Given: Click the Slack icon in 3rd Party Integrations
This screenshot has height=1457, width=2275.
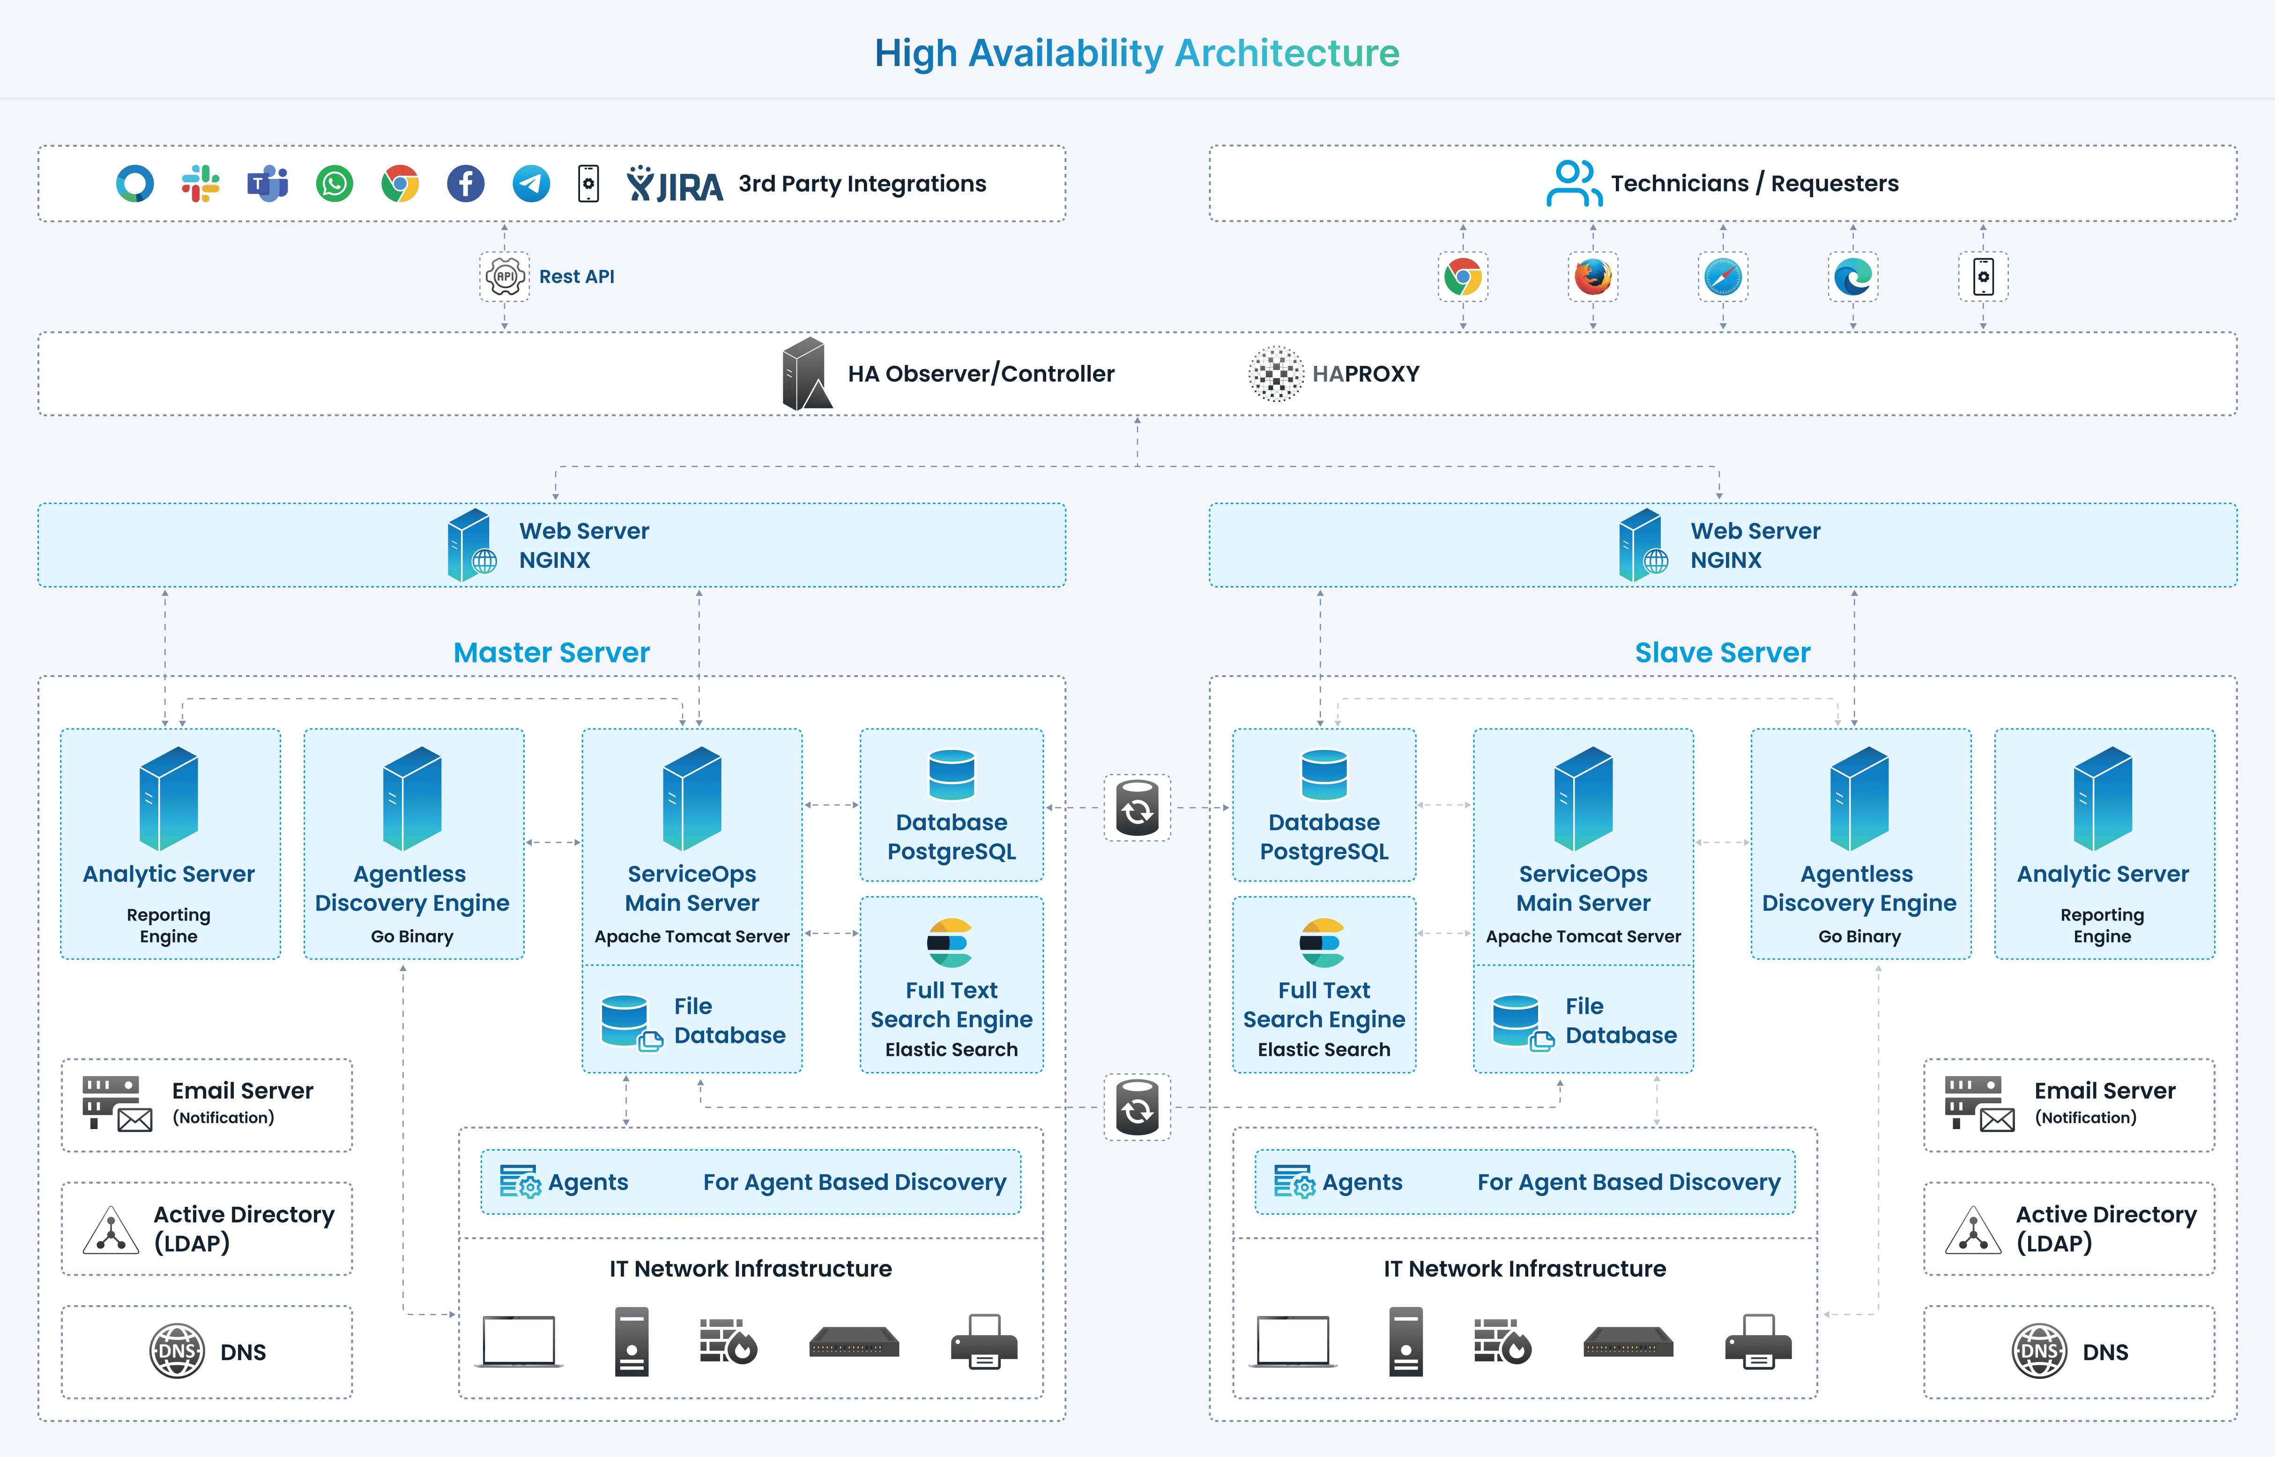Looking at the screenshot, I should tap(201, 184).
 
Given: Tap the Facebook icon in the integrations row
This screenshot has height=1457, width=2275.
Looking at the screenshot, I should tap(465, 184).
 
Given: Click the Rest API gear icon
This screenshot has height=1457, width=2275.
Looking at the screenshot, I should tap(505, 276).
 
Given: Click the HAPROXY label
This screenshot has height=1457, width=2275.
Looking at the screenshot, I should tap(1365, 374).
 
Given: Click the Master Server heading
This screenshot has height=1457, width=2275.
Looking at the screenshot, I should tap(551, 653).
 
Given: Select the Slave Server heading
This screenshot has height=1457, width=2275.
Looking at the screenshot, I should tap(1723, 653).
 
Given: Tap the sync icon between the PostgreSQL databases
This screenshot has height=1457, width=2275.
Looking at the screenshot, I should tap(1137, 808).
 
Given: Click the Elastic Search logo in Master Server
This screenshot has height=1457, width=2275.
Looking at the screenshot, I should tap(950, 942).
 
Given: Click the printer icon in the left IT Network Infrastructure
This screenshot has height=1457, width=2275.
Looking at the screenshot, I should tap(984, 1342).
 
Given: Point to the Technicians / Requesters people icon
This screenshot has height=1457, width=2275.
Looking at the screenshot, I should tap(1573, 184).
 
